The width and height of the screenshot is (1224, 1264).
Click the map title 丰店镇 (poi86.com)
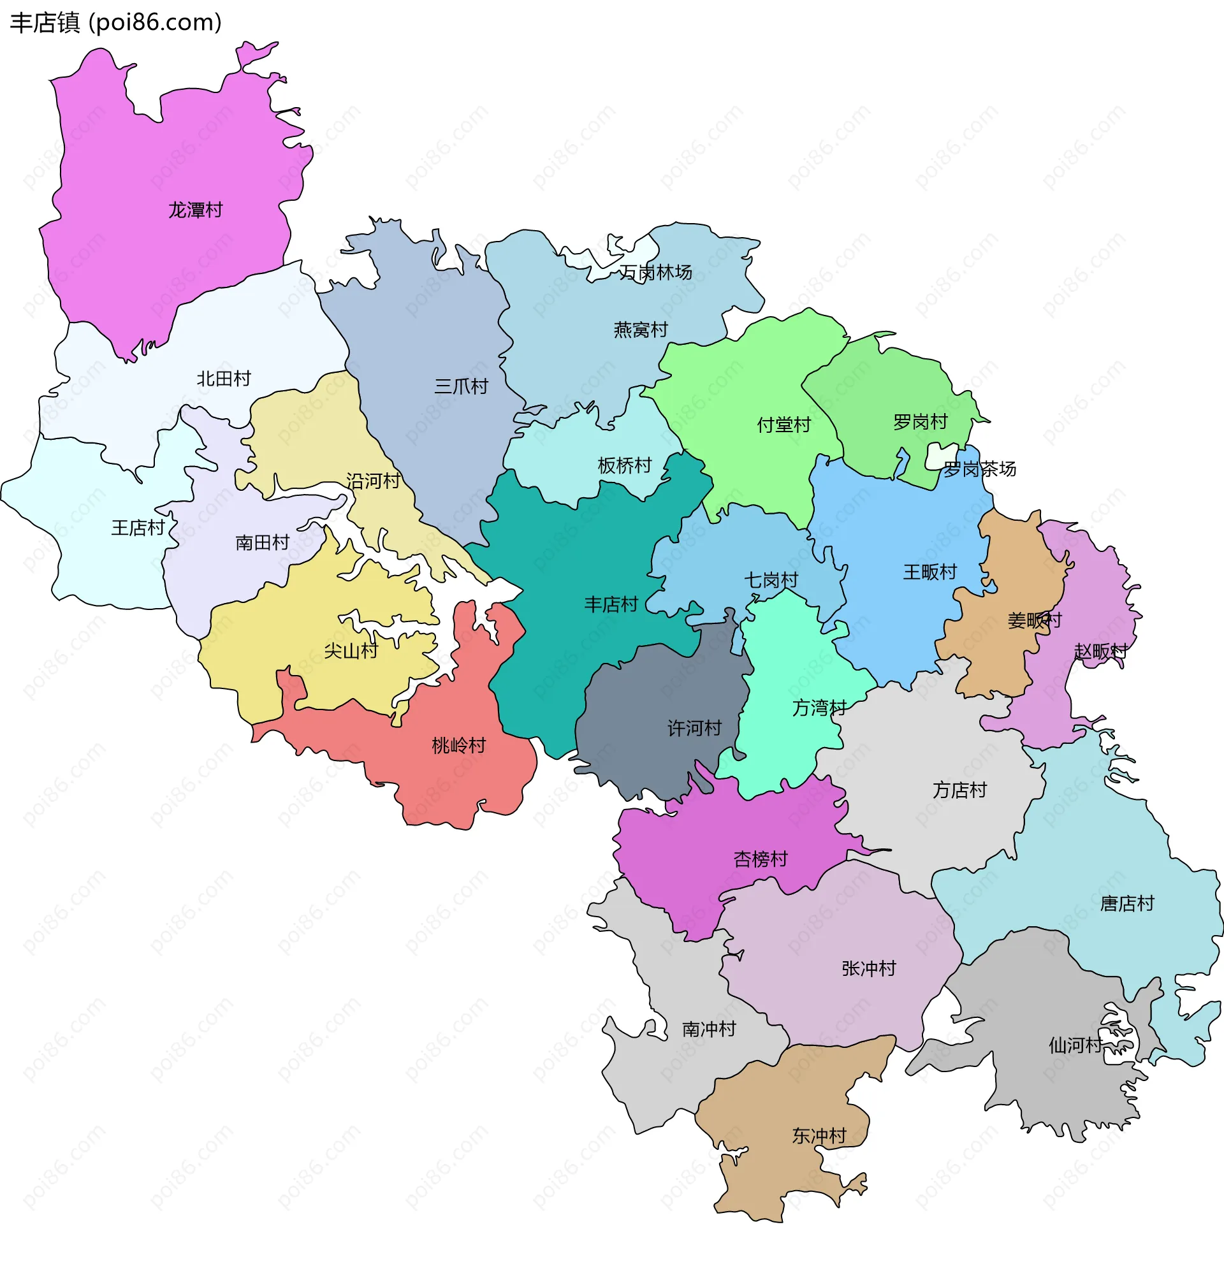coord(116,22)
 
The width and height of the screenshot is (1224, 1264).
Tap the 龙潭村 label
coord(196,210)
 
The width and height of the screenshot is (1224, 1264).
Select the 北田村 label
coord(224,379)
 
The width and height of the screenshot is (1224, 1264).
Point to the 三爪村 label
coord(461,386)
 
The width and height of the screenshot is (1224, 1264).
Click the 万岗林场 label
coord(656,273)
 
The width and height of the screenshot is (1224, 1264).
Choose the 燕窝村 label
coord(641,330)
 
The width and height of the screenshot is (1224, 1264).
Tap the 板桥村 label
coord(624,465)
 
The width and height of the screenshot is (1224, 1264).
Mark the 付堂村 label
coord(783,425)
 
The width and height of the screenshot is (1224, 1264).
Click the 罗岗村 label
coord(921,422)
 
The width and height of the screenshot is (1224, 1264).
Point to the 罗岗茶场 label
coord(980,469)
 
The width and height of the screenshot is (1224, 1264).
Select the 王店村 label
coord(138,528)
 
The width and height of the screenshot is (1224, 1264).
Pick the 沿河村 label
coord(374,481)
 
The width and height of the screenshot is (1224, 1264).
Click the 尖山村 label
coord(351,651)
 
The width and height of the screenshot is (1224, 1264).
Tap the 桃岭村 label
coord(458,746)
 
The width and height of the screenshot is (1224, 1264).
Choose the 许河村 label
coord(694,728)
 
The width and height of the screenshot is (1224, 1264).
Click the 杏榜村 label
coord(761,859)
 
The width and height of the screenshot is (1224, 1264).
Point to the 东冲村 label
coord(819,1136)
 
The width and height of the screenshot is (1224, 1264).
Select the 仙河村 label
coord(1075,1045)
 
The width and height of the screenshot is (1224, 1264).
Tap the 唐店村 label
coord(1127,903)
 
